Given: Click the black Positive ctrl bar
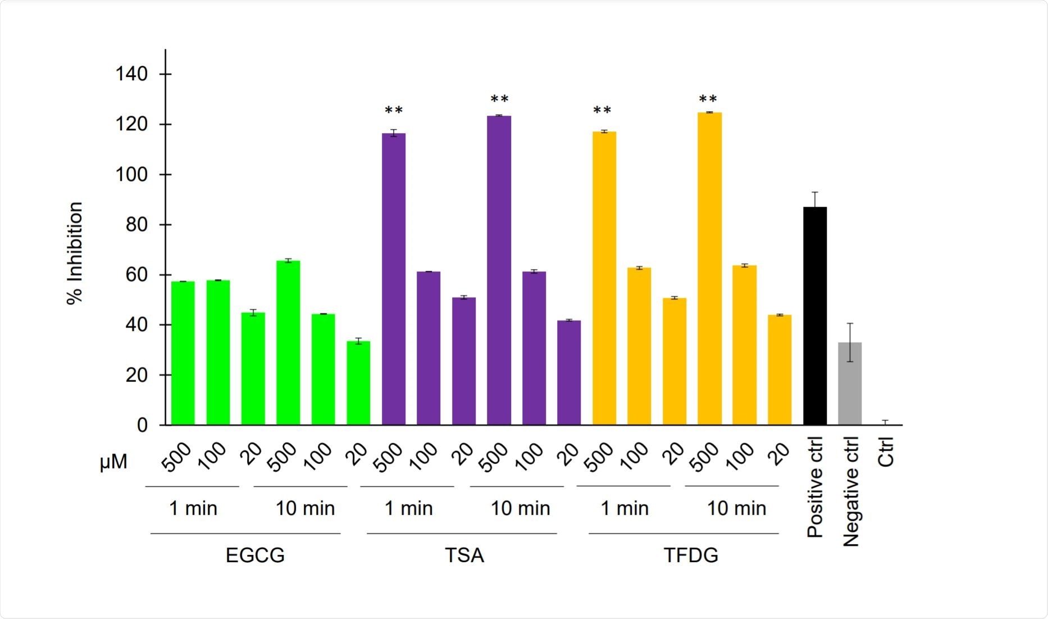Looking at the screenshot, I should click(815, 316).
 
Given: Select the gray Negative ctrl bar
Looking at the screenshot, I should click(850, 384).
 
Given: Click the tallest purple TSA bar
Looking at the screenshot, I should click(499, 270).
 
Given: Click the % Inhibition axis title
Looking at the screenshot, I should click(75, 253).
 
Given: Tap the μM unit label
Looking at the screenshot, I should click(113, 462).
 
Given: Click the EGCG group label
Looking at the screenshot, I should click(255, 556).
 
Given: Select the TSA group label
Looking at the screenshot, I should click(464, 556).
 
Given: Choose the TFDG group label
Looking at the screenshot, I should click(691, 556).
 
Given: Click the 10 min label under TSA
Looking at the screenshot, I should click(520, 508).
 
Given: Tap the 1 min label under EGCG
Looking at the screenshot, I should click(193, 508).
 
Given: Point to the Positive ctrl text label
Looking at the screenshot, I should click(815, 488).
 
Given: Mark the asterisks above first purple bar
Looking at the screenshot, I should click(394, 111).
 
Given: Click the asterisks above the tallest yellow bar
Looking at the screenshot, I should click(708, 100).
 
